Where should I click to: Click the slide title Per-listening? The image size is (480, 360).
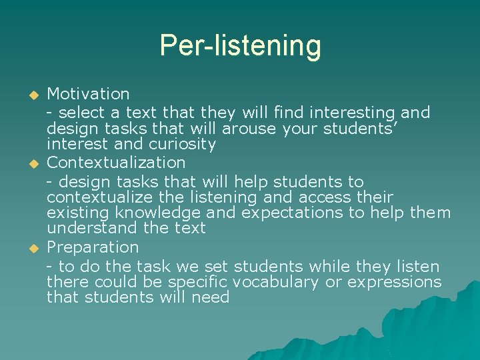[240, 46]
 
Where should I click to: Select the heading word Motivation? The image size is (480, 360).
[88, 93]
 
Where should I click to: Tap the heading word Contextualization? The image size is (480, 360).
[116, 162]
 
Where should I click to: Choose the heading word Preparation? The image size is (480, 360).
[93, 247]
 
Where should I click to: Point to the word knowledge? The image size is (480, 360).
[159, 213]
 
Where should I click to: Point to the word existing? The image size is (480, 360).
[78, 213]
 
